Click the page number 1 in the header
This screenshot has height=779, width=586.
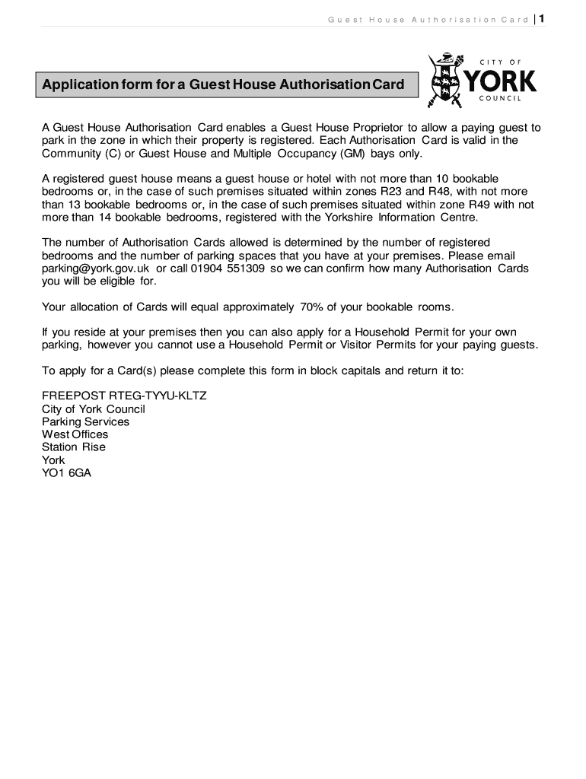coord(541,18)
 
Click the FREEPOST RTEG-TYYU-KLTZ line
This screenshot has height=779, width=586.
coord(124,396)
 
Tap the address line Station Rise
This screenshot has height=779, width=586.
coord(74,447)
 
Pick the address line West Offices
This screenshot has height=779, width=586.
coord(75,434)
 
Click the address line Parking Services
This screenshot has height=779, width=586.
coord(85,421)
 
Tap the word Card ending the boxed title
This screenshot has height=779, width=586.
coord(388,84)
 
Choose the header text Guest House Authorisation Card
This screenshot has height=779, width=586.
coord(428,19)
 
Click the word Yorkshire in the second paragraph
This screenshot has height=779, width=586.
coord(358,218)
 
